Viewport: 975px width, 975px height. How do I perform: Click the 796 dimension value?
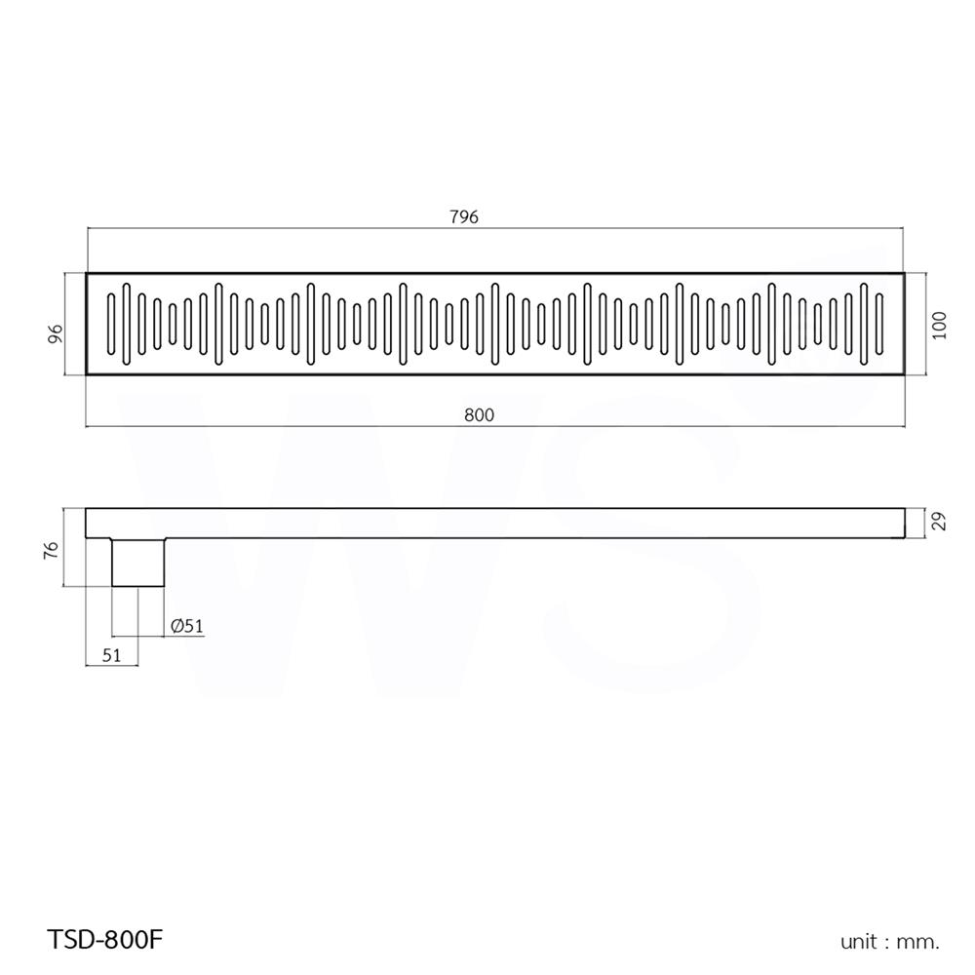[x=464, y=217]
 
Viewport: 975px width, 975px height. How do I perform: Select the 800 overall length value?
[x=479, y=414]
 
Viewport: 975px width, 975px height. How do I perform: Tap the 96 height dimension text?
[x=56, y=332]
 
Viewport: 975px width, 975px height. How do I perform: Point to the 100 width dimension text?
[x=939, y=325]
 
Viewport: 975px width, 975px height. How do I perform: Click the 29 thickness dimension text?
[x=939, y=523]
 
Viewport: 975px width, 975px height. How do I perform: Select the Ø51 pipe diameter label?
[x=187, y=627]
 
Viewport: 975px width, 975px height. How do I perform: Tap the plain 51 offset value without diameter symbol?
[x=111, y=655]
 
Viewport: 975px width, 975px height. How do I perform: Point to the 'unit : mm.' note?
[x=889, y=941]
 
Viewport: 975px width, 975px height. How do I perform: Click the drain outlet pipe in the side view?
[x=138, y=562]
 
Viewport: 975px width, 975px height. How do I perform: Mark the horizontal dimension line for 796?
[x=292, y=229]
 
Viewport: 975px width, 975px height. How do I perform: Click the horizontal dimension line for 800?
[x=292, y=426]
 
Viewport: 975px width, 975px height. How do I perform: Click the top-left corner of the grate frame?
[x=87, y=274]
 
